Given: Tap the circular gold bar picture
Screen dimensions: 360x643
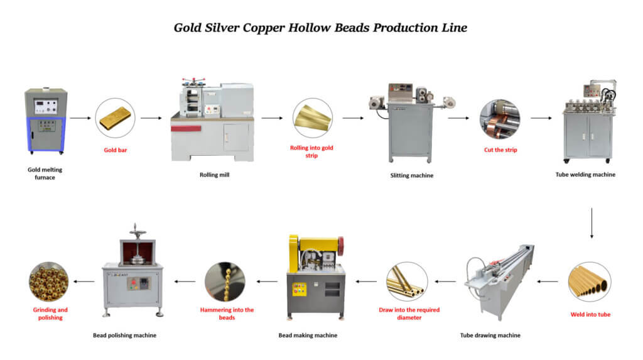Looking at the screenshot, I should (115, 117).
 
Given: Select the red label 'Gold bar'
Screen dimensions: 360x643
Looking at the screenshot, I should (115, 150).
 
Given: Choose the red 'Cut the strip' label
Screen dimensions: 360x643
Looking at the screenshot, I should (500, 150).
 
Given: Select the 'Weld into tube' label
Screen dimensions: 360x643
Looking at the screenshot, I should (590, 314).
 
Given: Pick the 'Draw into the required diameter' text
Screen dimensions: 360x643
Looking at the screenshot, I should (409, 314).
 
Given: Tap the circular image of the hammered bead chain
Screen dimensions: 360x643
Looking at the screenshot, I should (225, 282).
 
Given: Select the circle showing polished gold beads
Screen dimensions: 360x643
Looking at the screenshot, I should (49, 282).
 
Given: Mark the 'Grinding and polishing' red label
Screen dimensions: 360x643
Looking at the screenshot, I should (50, 314).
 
